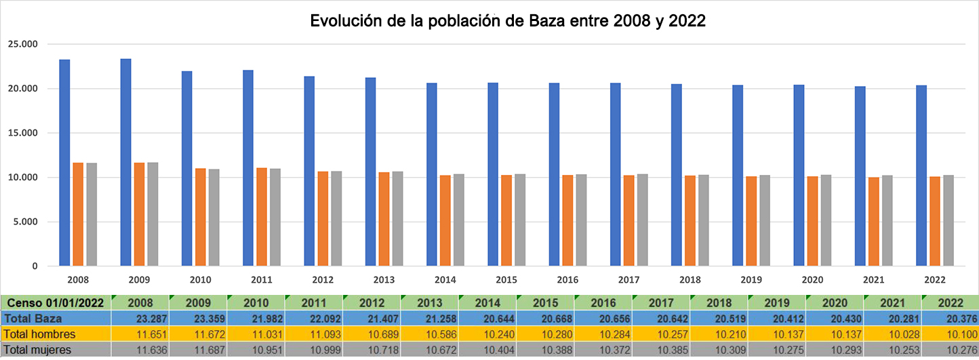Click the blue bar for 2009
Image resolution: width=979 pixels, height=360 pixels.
pos(125,162)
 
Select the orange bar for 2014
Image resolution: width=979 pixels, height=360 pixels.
pos(445,220)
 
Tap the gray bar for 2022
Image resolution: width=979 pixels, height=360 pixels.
pos(948,220)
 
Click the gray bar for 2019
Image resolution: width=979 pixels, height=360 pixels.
pos(765,220)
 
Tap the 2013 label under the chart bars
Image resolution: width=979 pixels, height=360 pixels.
pos(384,279)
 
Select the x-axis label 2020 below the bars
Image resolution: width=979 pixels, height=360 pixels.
pos(812,279)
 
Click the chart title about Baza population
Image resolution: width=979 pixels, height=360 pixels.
pos(508,21)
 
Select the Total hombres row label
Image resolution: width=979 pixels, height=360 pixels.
pos(39,334)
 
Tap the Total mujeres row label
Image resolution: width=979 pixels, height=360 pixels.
pos(38,350)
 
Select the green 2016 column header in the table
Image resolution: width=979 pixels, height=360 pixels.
pos(603,303)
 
